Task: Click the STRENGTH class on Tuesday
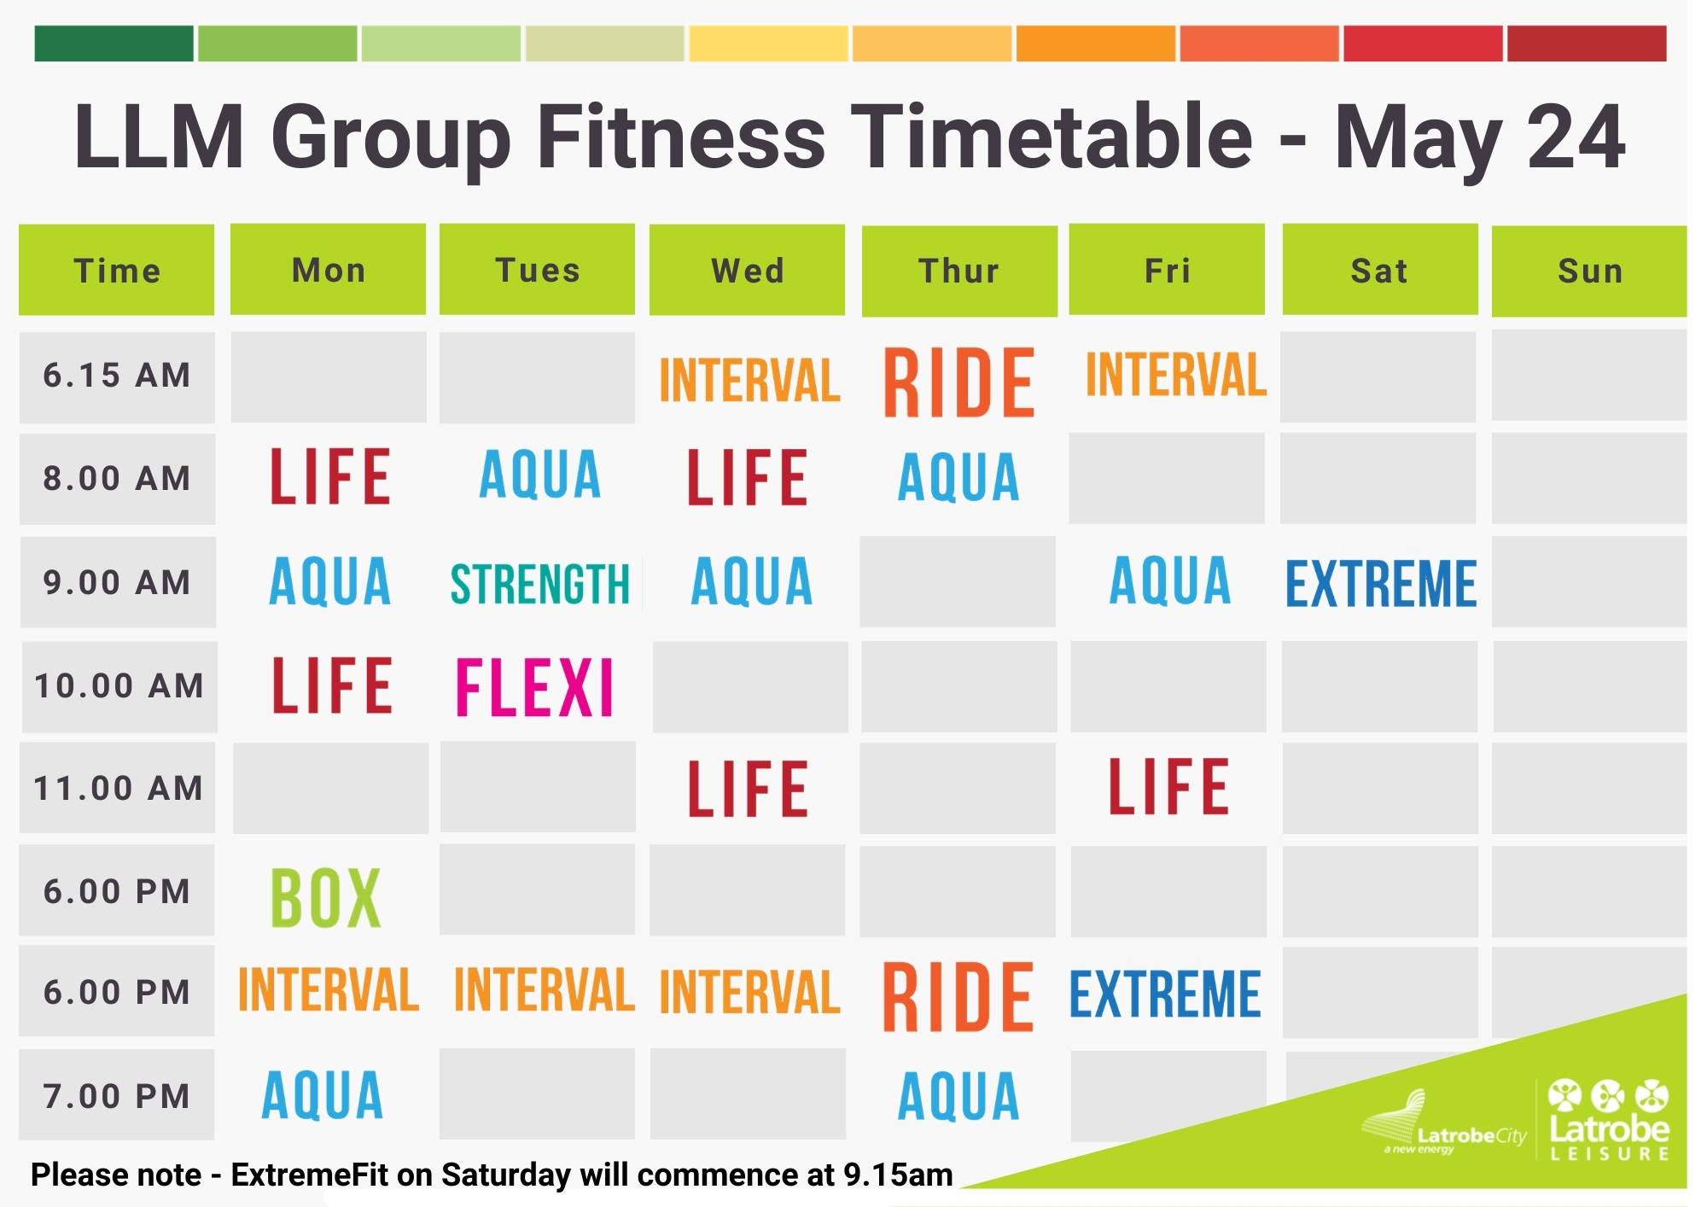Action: tap(539, 584)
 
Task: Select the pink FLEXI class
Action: tap(534, 687)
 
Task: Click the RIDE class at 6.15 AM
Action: tap(958, 382)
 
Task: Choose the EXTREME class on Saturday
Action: tap(1380, 584)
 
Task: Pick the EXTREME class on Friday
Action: tap(1165, 994)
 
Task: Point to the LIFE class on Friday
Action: tap(1168, 787)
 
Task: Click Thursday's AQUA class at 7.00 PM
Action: tap(958, 1096)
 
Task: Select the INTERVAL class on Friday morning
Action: tap(1175, 375)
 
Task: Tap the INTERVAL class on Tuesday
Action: tap(544, 989)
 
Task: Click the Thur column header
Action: tap(959, 271)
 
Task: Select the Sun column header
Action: tap(1589, 271)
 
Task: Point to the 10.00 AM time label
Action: tap(119, 686)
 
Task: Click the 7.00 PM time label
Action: tap(117, 1096)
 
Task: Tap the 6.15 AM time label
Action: tap(117, 376)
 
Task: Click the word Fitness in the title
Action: tap(681, 137)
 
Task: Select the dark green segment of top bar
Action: tap(114, 44)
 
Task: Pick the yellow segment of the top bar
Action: tap(768, 44)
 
